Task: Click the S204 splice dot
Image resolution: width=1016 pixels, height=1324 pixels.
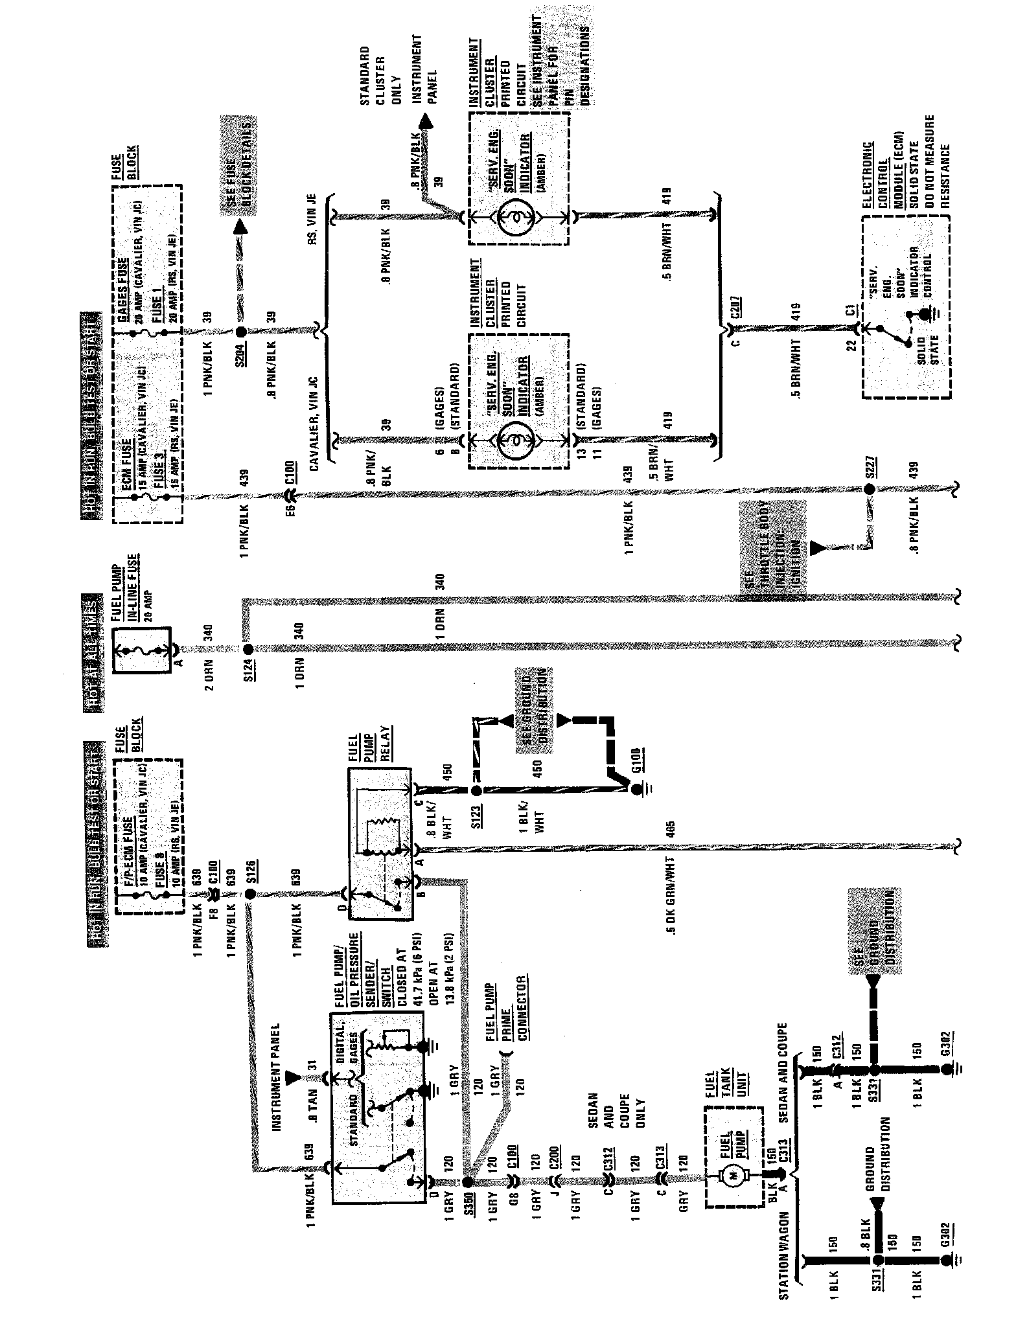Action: tap(240, 332)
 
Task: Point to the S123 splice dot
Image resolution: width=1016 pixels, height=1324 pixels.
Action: tap(476, 791)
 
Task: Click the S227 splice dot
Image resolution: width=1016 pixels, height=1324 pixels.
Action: tap(870, 488)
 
